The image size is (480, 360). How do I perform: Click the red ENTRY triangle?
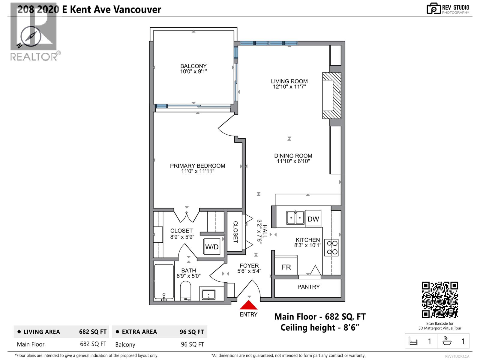tap(248, 305)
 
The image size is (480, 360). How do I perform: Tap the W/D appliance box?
tap(212, 247)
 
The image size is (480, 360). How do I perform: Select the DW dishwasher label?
tap(313, 219)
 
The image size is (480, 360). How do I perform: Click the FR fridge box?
tap(286, 267)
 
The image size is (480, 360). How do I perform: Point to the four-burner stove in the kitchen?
tap(332, 247)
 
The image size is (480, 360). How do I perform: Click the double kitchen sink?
tap(295, 217)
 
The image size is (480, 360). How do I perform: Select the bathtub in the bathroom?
tap(164, 282)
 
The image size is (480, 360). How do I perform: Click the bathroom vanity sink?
tap(208, 294)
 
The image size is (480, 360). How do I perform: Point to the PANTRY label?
tap(308, 287)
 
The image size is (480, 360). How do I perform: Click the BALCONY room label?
tap(193, 66)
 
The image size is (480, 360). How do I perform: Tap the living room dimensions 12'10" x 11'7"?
tap(289, 87)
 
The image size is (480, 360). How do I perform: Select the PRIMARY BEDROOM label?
tap(197, 166)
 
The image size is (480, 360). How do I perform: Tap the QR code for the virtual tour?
tap(440, 300)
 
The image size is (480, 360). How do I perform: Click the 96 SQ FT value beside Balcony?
tap(192, 344)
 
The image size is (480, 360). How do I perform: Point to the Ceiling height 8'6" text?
tap(320, 327)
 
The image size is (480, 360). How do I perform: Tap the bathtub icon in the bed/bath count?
tap(447, 341)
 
